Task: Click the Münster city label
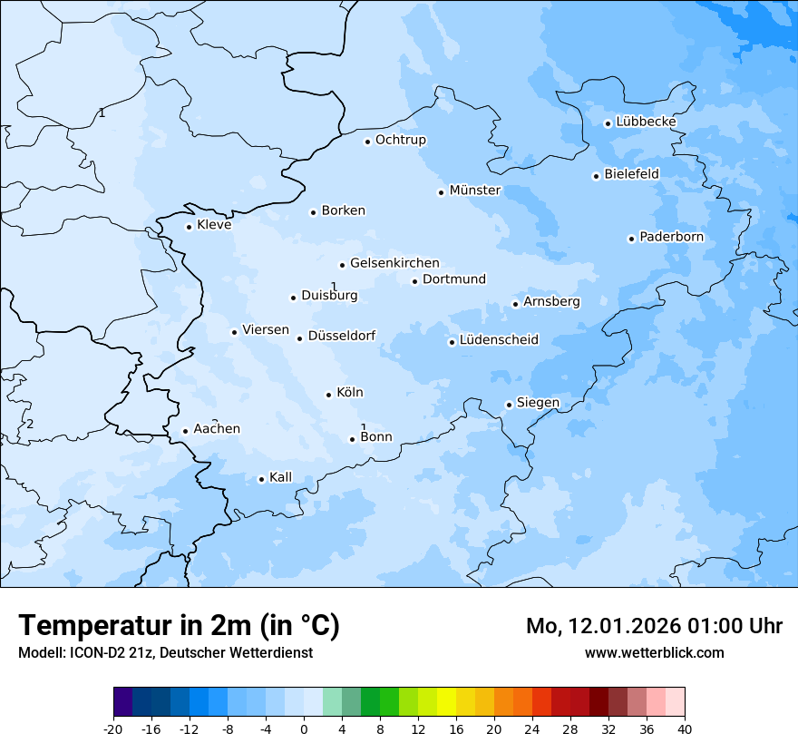[x=474, y=191]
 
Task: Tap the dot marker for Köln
[x=328, y=395]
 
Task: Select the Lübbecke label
[x=646, y=122]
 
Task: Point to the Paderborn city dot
[x=631, y=239]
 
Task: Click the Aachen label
[x=217, y=429]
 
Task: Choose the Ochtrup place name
[x=400, y=140]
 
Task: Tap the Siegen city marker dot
[x=509, y=406]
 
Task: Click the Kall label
[x=280, y=477]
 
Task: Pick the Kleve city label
[x=214, y=225]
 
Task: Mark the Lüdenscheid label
[x=499, y=340]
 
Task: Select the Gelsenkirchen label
[x=394, y=263]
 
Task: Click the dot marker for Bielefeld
[x=596, y=176]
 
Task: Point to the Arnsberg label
[x=551, y=301]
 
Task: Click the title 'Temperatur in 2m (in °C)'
[x=179, y=625]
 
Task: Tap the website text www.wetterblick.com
[x=654, y=652]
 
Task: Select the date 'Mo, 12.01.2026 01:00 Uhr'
[x=654, y=626]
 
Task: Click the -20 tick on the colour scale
[x=113, y=729]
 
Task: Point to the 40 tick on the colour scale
[x=685, y=729]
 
